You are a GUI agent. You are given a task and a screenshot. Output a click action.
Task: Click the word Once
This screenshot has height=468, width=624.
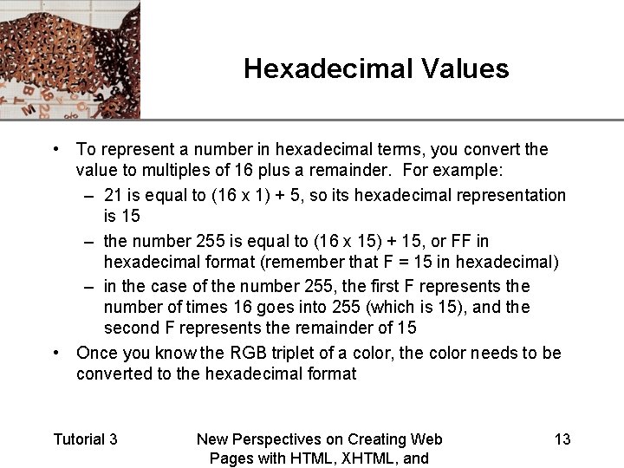(96, 353)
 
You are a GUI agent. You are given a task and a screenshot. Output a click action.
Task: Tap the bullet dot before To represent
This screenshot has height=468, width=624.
(55, 149)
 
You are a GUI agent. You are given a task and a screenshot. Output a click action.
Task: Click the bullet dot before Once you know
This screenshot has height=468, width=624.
(55, 353)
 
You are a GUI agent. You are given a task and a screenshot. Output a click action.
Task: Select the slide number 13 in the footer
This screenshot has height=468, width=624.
(562, 439)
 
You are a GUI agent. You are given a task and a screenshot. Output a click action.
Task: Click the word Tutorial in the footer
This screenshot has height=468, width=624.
(77, 439)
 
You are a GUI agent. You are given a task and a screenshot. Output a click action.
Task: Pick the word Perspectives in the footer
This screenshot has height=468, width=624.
(292, 439)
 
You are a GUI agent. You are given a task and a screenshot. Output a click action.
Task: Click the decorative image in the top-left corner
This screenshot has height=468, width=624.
(69, 59)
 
